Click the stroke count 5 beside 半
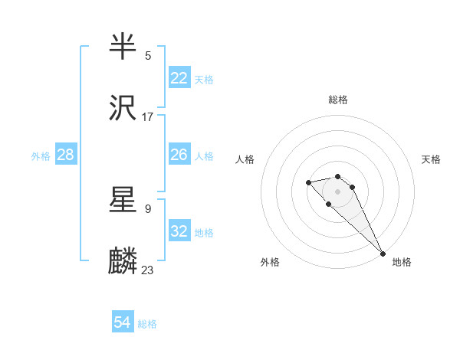point(148,55)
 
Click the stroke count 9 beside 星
point(148,208)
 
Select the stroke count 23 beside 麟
point(148,270)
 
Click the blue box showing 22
point(179,78)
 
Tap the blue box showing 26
point(179,155)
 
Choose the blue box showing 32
point(179,231)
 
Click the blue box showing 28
point(66,155)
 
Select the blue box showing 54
point(123,323)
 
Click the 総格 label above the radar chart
point(338,100)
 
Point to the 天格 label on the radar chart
point(431,159)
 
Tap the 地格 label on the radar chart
point(402,262)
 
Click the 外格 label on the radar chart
point(270,262)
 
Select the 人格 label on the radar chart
point(245,159)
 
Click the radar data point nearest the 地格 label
point(383,254)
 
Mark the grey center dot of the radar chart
point(338,191)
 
